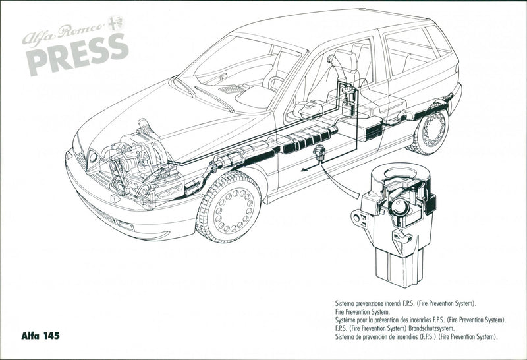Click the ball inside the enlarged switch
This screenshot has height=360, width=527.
[x=399, y=210]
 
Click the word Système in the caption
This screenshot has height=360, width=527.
[x=347, y=319]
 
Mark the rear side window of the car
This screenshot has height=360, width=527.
[x=408, y=50]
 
